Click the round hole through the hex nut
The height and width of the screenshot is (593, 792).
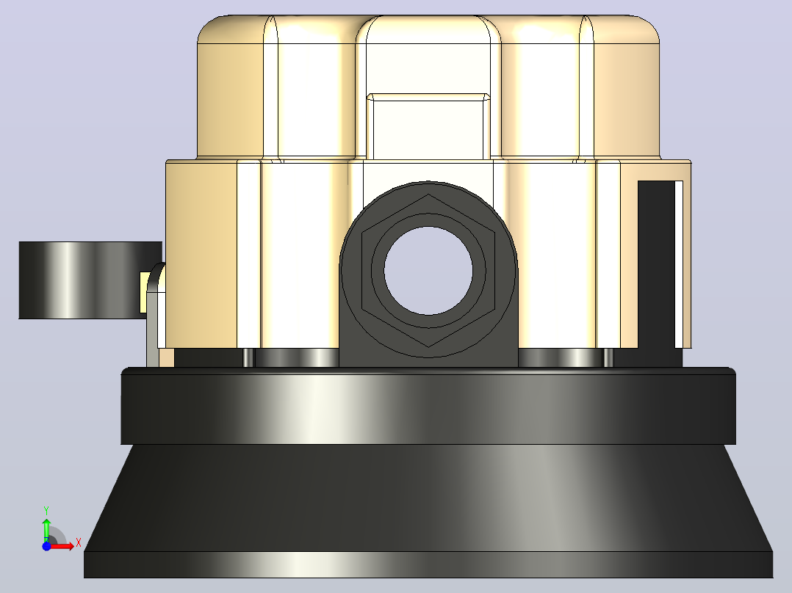pos(428,271)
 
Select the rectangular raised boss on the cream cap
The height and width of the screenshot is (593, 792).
pos(428,126)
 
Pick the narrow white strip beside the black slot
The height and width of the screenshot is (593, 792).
pos(680,264)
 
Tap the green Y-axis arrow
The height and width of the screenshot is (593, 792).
pos(46,529)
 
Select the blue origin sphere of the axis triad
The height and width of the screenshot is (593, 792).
pos(46,546)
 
